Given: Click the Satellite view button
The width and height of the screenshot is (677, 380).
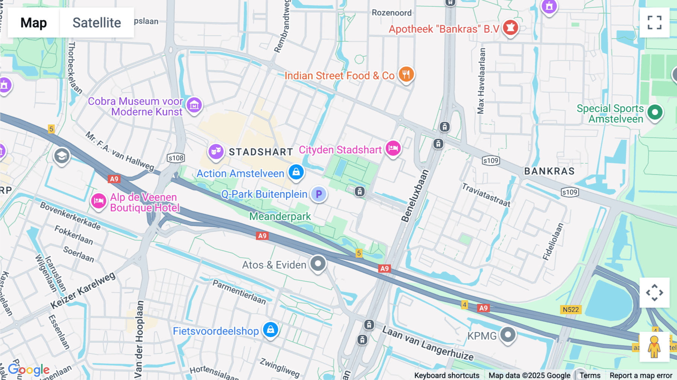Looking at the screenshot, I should click(x=97, y=23).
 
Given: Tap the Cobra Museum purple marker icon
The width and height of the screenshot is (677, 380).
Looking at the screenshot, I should click(x=194, y=105).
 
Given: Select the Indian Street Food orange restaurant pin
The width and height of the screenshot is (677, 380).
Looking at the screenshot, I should click(x=406, y=74).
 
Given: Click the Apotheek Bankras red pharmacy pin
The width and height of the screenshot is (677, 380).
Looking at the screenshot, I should click(x=510, y=27).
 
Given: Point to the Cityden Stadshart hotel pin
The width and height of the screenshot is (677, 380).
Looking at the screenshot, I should click(x=393, y=148).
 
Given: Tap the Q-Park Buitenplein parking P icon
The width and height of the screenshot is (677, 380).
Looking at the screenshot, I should click(x=319, y=194).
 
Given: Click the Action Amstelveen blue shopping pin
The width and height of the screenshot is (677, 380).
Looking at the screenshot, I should click(x=296, y=172).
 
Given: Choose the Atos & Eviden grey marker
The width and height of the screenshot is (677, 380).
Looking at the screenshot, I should click(x=318, y=263).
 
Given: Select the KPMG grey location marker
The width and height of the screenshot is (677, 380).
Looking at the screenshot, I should click(x=508, y=334).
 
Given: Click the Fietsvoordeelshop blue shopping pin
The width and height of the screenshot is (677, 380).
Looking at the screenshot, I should click(x=270, y=330).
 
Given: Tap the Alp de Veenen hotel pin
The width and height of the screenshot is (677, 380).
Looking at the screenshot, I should click(x=99, y=201).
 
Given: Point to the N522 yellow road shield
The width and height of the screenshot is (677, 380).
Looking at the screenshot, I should click(x=571, y=310).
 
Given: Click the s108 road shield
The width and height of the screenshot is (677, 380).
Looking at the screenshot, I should click(x=176, y=158).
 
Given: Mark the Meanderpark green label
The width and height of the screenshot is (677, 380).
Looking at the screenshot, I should click(x=280, y=216).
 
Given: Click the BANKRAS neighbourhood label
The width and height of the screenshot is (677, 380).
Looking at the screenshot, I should click(x=549, y=171).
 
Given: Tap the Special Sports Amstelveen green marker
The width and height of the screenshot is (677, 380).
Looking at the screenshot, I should click(x=655, y=112).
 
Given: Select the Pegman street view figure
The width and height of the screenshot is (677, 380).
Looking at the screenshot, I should click(x=654, y=347).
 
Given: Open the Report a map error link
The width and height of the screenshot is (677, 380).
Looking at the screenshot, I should click(x=641, y=375).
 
